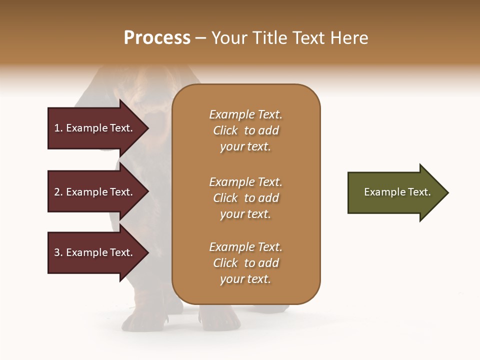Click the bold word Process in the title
[157, 38]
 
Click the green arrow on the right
[395, 192]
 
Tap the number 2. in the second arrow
[58, 192]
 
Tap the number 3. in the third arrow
[58, 252]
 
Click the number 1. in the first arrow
[58, 128]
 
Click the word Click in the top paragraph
[225, 130]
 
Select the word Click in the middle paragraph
[225, 198]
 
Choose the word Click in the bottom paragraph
[225, 263]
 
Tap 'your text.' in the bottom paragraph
[245, 279]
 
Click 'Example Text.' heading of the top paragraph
[245, 114]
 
